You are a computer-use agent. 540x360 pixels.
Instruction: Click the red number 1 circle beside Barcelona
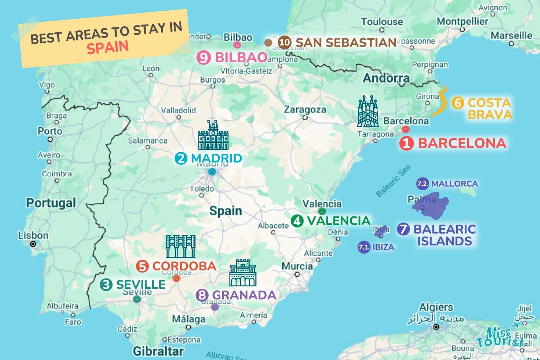click(406, 144)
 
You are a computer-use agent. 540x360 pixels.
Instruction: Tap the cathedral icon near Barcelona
click(367, 111)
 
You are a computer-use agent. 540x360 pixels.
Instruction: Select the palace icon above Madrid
click(213, 135)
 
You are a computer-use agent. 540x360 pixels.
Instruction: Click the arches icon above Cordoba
click(180, 246)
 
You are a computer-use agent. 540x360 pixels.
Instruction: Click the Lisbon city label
click(33, 236)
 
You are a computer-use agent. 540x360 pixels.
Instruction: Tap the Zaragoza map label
click(305, 110)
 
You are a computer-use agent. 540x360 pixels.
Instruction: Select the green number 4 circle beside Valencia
click(297, 221)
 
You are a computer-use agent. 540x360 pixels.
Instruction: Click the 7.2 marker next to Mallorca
click(422, 184)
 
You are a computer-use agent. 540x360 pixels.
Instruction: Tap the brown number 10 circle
click(284, 42)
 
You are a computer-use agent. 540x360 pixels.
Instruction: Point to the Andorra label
click(386, 78)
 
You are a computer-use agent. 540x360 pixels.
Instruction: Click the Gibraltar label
click(158, 351)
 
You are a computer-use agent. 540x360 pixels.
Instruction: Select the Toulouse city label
click(382, 22)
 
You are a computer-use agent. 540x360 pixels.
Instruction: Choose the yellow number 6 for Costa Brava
click(457, 103)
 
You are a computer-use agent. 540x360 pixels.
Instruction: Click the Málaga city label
click(189, 319)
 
